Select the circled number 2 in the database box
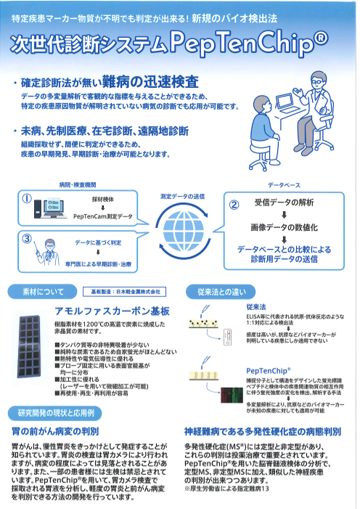point(234,205)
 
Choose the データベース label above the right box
point(283,186)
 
